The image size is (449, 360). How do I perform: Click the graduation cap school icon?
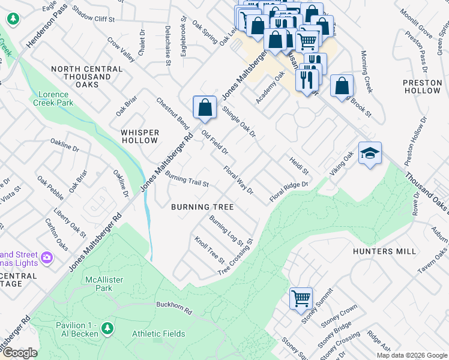click(370, 154)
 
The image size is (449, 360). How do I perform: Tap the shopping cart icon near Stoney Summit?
click(301, 297)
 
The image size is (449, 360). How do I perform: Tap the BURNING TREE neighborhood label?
click(202, 207)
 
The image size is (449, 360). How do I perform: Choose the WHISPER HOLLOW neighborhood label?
click(140, 136)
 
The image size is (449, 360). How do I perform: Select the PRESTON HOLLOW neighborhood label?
click(421, 86)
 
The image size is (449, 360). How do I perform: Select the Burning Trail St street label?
click(187, 179)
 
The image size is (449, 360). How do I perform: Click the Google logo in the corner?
click(19, 353)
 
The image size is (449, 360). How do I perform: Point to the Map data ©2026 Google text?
click(411, 355)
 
